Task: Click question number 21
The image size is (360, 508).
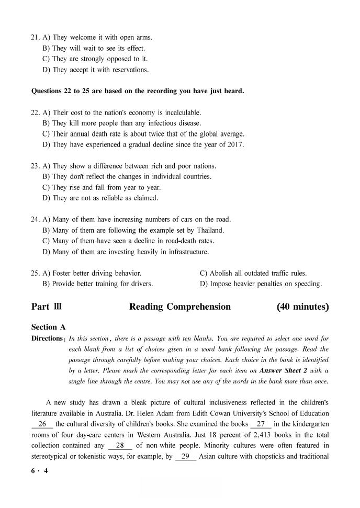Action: (36, 38)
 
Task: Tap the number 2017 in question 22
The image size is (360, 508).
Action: (235, 145)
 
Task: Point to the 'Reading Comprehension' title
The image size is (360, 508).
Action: (179, 307)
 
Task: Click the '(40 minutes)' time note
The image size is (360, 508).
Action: (302, 307)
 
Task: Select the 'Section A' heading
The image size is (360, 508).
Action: (49, 327)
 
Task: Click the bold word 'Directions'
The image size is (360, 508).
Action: (48, 338)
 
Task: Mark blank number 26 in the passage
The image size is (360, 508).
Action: (42, 424)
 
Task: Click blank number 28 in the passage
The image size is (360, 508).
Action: (120, 446)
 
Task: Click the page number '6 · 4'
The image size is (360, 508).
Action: (40, 470)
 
